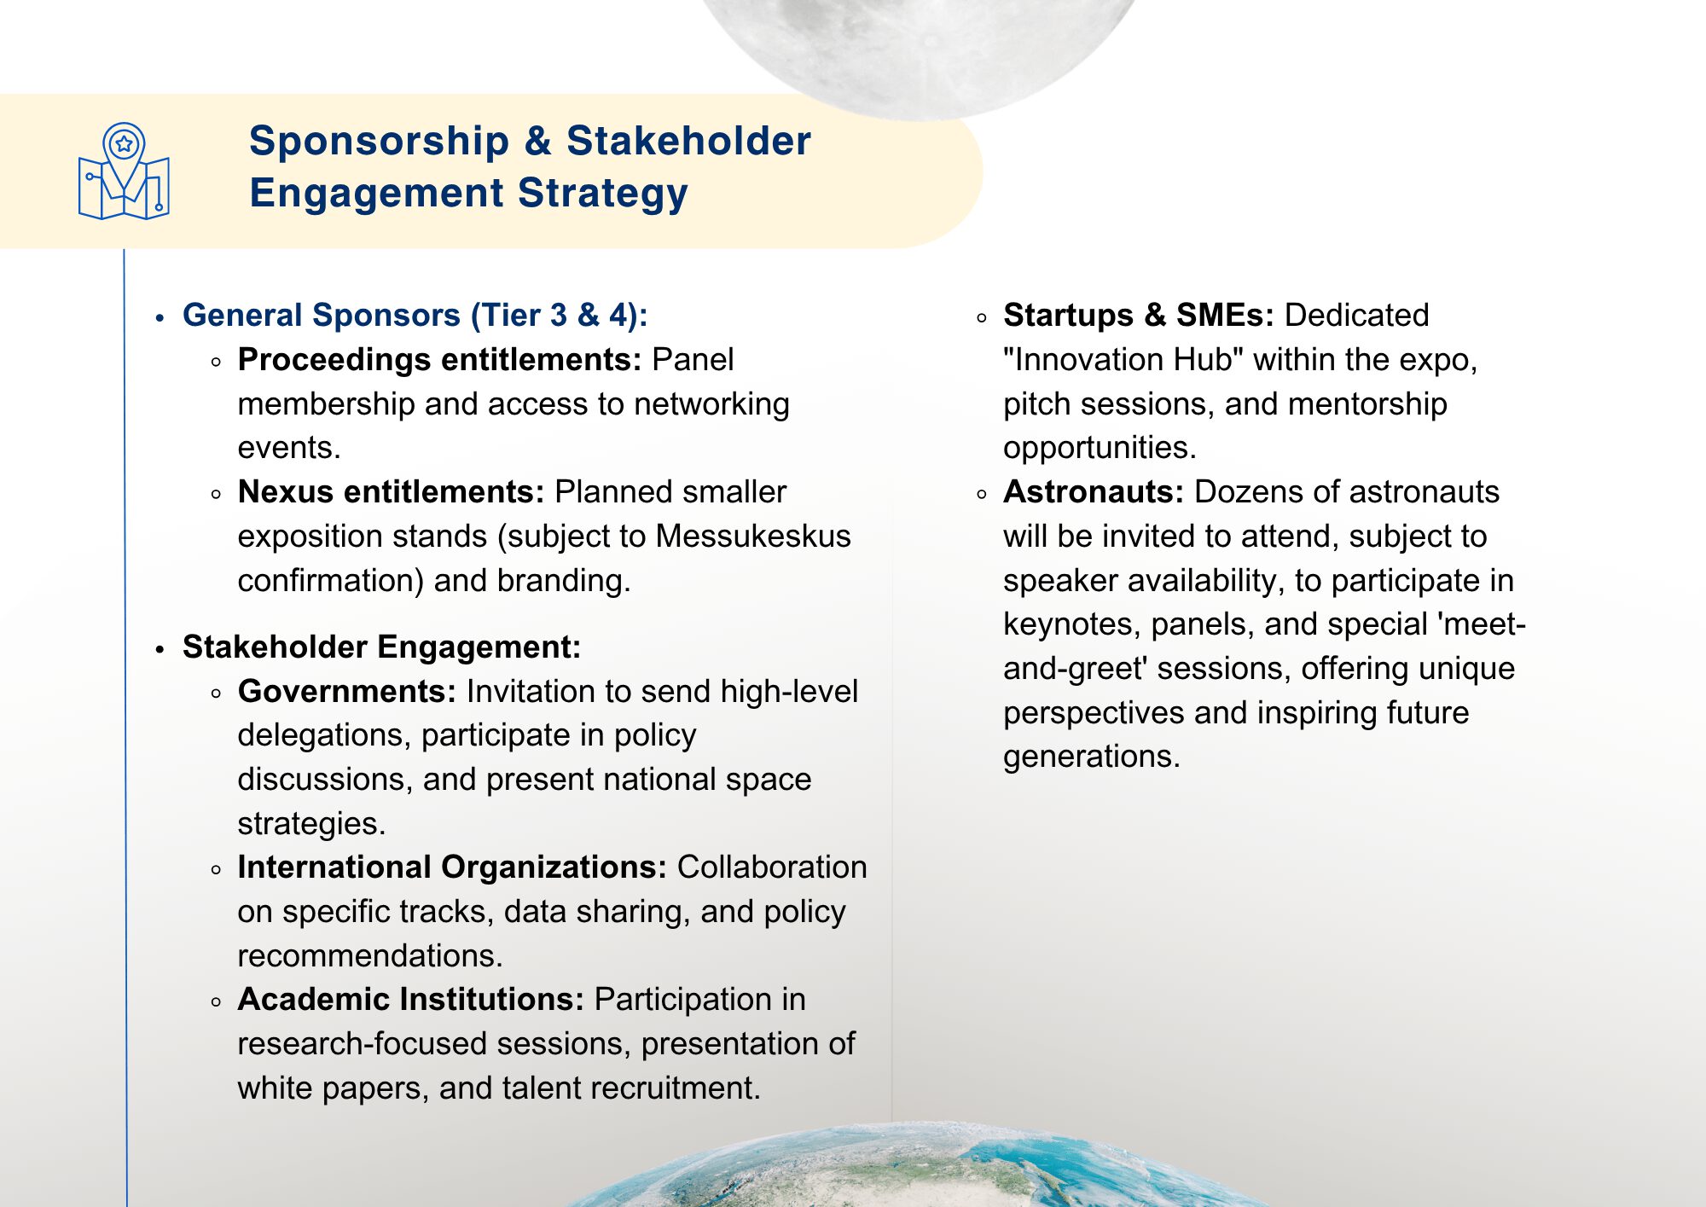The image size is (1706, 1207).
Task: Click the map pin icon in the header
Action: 124,171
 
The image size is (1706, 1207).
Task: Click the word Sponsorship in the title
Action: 379,142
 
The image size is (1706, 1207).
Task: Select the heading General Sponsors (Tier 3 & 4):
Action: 415,316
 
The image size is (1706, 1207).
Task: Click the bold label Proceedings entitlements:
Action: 439,360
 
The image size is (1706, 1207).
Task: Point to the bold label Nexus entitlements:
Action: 391,492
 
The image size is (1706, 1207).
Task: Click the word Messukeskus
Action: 753,537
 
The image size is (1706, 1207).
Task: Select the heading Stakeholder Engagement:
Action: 381,647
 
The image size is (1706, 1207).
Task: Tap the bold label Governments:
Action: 347,691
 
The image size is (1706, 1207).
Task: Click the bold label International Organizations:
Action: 452,868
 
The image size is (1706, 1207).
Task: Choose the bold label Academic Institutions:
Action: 411,1000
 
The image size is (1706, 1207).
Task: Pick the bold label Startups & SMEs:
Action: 1139,316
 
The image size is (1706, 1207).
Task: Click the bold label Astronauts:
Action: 1094,492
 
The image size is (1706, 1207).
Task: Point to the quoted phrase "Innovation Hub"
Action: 1123,360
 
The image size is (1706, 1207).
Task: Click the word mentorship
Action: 1367,404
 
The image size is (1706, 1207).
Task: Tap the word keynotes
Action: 1071,625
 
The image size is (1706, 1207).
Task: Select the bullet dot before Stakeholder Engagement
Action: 160,649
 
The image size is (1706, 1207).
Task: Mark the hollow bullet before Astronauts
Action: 982,494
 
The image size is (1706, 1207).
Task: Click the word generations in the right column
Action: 1092,757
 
